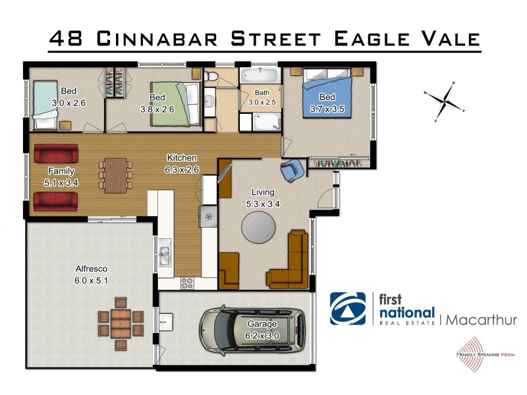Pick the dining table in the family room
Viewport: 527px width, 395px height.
116,174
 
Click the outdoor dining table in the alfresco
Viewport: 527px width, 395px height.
121,323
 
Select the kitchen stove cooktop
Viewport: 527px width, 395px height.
188,282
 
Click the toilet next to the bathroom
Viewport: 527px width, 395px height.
211,78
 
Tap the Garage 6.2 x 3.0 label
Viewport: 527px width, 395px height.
262,329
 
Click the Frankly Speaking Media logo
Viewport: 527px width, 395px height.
470,352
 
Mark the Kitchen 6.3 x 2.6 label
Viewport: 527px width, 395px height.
181,163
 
